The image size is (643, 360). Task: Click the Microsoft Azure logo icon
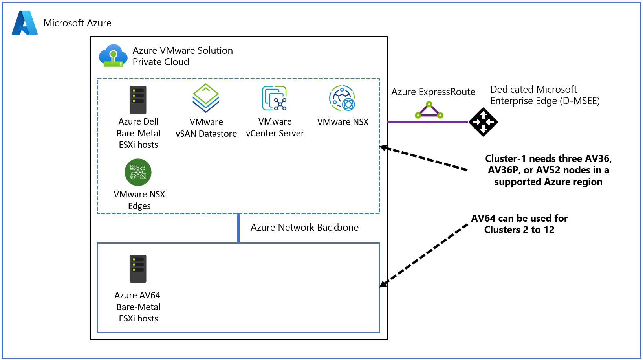coord(25,23)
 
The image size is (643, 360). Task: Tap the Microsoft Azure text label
coord(77,23)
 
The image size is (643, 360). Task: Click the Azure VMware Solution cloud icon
coord(113,55)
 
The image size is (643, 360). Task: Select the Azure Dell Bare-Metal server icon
coord(138,100)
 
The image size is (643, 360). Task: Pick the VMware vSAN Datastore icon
coord(206,98)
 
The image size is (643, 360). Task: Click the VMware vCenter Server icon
coord(275,98)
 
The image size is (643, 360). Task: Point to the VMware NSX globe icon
coord(342,98)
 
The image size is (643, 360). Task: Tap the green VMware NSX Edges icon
coord(138,172)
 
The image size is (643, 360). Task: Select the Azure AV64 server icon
coord(138,269)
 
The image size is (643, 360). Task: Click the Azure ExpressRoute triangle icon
coord(429,110)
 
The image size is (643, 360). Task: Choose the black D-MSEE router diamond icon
coord(484,122)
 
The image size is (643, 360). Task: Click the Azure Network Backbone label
coord(304,228)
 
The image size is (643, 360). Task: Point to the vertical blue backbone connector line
coord(238,228)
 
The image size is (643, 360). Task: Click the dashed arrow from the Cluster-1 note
coord(424,159)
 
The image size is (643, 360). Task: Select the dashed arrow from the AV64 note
coord(424,255)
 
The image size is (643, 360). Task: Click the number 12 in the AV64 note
coord(549,230)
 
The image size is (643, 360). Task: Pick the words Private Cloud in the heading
coord(161,62)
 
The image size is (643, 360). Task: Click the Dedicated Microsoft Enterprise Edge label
coord(545,95)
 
